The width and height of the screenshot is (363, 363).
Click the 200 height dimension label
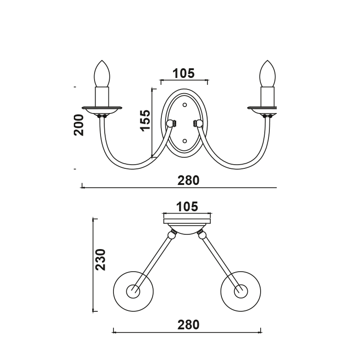coord(79,125)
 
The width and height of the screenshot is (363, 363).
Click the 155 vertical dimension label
coord(145,121)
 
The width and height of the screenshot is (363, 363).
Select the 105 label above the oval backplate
coord(184,73)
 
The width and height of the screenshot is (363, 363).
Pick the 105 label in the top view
coord(187,207)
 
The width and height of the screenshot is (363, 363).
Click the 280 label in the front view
coord(189,180)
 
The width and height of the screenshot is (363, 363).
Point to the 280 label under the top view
coord(189,325)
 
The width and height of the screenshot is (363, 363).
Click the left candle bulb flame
coord(102,73)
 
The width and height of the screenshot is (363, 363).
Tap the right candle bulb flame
coord(267,73)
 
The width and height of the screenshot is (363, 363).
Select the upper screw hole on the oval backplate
coord(185,105)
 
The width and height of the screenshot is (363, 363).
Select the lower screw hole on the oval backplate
coord(184,141)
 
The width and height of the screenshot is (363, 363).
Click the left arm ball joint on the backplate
coord(170,123)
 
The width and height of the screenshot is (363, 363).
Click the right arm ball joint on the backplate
coord(199,123)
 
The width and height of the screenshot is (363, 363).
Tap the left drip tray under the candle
coord(102,109)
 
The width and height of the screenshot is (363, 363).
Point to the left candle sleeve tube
coord(102,96)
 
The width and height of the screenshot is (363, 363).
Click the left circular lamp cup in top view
coord(133,291)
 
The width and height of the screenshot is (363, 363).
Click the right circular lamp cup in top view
coord(240,291)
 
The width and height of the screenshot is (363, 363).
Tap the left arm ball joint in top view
coord(172,235)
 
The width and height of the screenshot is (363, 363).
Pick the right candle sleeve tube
coord(267,96)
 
